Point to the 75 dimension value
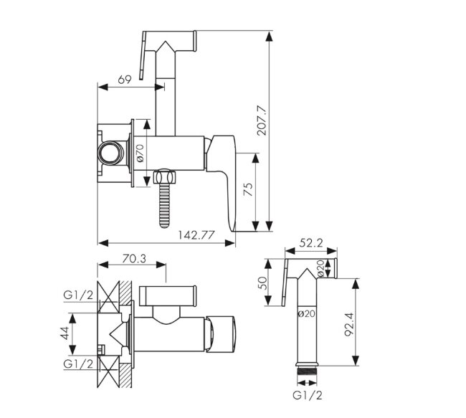click(x=248, y=191)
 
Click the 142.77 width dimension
click(x=196, y=235)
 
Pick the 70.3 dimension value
click(x=133, y=259)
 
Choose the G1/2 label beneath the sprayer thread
click(x=308, y=394)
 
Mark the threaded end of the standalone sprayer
click(x=308, y=373)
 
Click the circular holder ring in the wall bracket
click(x=110, y=153)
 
